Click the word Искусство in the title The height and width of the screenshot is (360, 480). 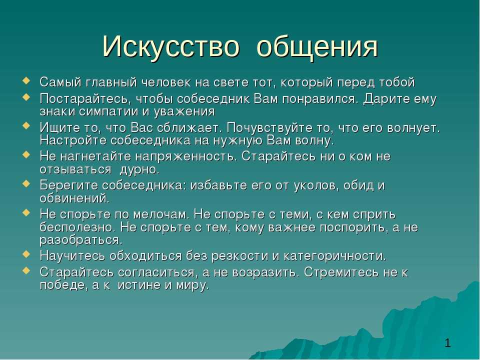click(x=170, y=46)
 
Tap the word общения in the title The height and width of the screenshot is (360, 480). click(x=317, y=47)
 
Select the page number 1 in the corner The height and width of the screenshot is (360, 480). click(x=447, y=343)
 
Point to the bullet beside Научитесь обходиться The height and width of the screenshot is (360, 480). click(x=26, y=254)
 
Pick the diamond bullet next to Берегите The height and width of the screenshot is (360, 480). click(x=26, y=183)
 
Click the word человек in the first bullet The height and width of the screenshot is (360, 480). click(x=166, y=82)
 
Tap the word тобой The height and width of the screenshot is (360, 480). click(x=397, y=82)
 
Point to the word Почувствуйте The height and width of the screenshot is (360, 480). click(x=272, y=128)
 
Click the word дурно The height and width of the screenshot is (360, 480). click(x=139, y=170)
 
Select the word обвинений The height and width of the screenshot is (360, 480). click(x=74, y=198)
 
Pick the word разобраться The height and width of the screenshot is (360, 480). click(x=81, y=240)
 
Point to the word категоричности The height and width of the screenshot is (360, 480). click(x=335, y=256)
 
